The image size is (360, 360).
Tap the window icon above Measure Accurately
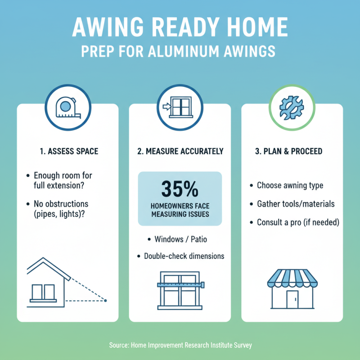coord(180,108)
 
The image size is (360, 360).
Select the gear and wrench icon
coord(292,108)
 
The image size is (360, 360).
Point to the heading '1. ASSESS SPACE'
coord(67,152)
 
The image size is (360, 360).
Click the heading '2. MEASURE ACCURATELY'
coord(180,152)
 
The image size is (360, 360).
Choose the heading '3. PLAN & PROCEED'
coord(288,152)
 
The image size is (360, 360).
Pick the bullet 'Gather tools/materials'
coord(296,204)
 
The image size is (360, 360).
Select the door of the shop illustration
coord(292,297)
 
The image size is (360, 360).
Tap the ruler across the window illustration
coord(180,284)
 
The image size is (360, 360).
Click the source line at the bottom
coord(180,345)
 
